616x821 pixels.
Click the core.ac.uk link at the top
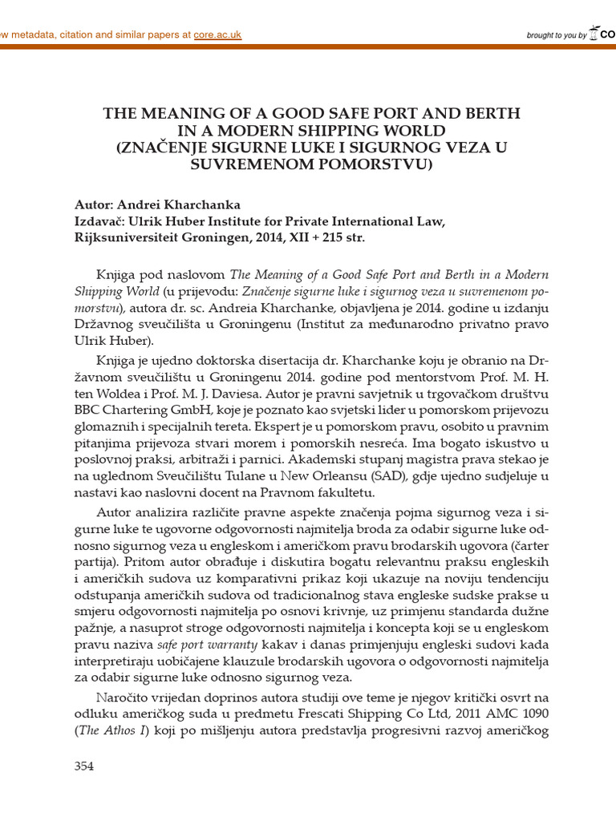[217, 34]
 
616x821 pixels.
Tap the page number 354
[84, 766]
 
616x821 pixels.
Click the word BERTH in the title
[468, 113]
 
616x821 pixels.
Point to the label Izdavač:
[101, 221]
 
